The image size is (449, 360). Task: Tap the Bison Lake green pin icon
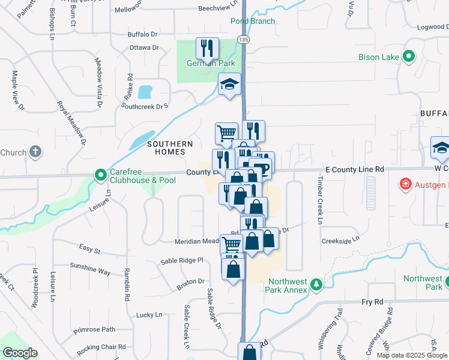coord(409,57)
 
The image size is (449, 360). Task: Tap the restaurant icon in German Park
coord(208,48)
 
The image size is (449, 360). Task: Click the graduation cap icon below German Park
coord(229,84)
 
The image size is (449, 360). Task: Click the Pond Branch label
coord(253,21)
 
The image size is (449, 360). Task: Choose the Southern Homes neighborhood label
coord(170,148)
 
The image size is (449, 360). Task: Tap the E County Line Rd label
coord(354,170)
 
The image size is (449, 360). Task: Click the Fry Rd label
coord(372,302)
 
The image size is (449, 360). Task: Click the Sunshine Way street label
coord(90,268)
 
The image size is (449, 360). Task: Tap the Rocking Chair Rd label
coord(101,347)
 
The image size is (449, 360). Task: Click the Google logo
coord(20,353)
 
